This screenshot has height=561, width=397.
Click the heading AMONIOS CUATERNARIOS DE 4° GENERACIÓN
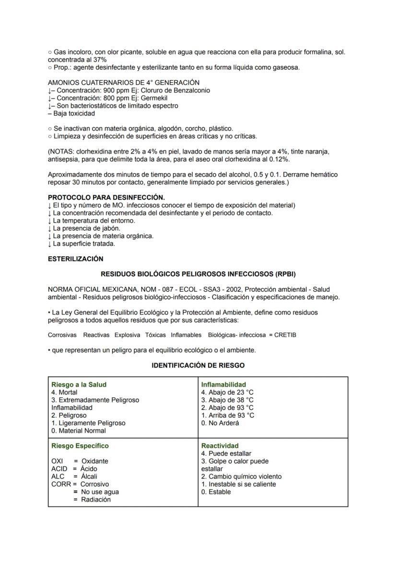pyautogui.click(x=124, y=83)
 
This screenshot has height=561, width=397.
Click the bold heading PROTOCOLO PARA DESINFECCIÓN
pyautogui.click(x=106, y=197)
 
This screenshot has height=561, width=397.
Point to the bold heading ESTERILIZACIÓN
pyautogui.click(x=76, y=259)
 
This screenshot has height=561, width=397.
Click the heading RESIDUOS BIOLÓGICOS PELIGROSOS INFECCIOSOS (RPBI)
pyautogui.click(x=198, y=274)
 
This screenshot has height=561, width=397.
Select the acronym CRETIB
pyautogui.click(x=285, y=335)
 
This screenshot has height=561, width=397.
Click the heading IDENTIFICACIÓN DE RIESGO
pyautogui.click(x=198, y=365)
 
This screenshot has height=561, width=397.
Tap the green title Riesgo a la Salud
pyautogui.click(x=79, y=384)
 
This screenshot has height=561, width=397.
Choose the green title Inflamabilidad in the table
pyautogui.click(x=223, y=384)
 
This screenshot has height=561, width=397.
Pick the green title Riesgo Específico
pyautogui.click(x=80, y=446)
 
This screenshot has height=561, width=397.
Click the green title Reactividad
pyautogui.click(x=220, y=446)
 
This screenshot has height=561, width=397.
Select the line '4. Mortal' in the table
pyautogui.click(x=64, y=392)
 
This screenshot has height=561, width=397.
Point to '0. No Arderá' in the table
pyautogui.click(x=220, y=423)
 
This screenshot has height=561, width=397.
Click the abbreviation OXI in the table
pyautogui.click(x=58, y=461)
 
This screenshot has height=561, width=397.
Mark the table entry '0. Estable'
pyautogui.click(x=216, y=492)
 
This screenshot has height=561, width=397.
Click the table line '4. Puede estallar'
pyautogui.click(x=226, y=454)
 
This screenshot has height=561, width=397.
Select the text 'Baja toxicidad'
pyautogui.click(x=74, y=113)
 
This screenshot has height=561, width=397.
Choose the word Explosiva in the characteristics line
pyautogui.click(x=128, y=335)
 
